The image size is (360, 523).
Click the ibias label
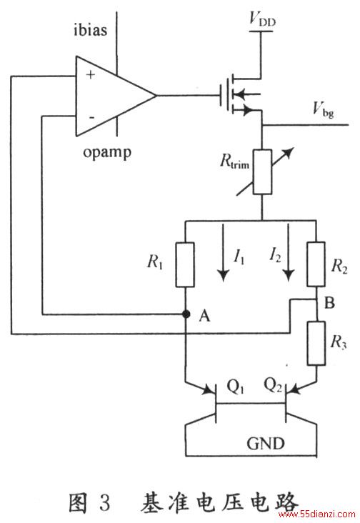click(x=90, y=30)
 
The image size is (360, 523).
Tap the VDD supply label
click(x=262, y=19)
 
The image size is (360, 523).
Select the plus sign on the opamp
click(x=90, y=74)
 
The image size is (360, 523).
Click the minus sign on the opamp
click(x=91, y=117)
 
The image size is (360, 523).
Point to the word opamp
click(x=107, y=153)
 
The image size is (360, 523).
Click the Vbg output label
click(x=323, y=109)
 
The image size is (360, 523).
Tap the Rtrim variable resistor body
click(x=262, y=171)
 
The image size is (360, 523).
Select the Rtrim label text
click(x=234, y=161)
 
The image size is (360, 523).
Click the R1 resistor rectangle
click(x=185, y=264)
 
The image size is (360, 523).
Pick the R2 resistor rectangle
click(x=316, y=264)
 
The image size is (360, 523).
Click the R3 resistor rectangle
click(x=316, y=343)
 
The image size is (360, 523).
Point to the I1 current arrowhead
click(x=223, y=275)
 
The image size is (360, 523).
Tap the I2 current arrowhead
click(x=289, y=275)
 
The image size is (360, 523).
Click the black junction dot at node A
click(x=186, y=314)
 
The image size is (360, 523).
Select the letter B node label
click(x=329, y=303)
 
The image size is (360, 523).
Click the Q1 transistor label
click(x=235, y=387)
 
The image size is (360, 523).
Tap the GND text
click(x=266, y=444)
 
